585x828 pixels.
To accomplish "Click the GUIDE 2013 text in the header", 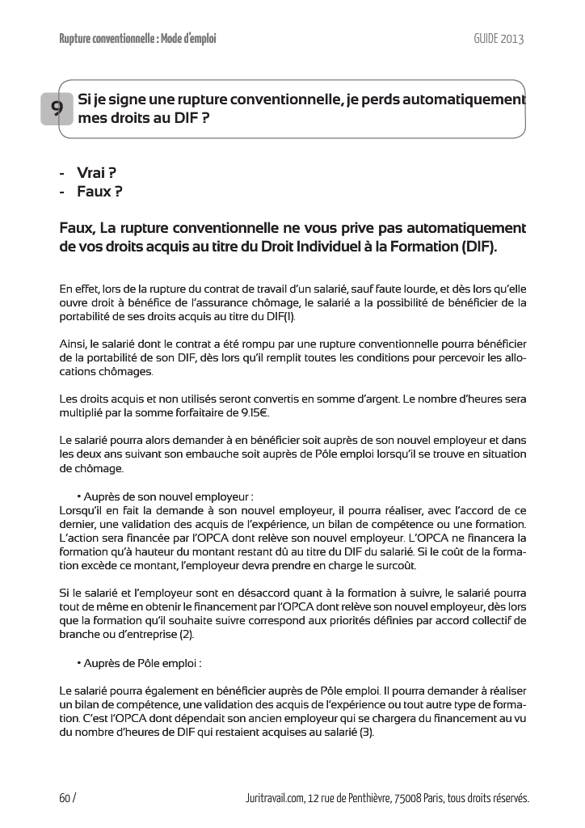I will [499, 39].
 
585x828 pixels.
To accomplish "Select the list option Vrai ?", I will [96, 173].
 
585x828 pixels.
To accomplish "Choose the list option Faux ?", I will [99, 192].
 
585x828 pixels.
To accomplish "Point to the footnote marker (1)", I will [287, 316].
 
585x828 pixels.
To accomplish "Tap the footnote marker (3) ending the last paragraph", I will [366, 733].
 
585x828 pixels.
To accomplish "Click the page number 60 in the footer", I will [65, 798].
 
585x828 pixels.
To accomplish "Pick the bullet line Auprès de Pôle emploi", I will [141, 663].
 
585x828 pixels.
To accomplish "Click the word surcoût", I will [396, 565].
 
